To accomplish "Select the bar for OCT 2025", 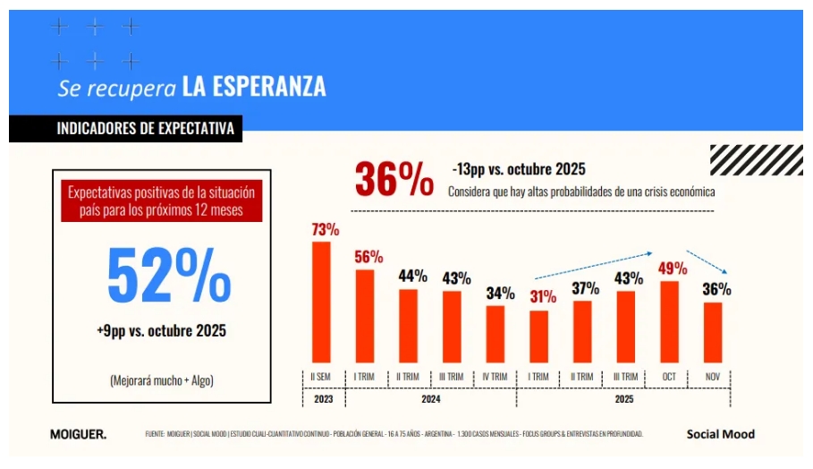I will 669,321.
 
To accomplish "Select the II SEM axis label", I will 321,377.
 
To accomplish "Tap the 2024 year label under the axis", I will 430,399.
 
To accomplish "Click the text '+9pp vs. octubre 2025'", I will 162,331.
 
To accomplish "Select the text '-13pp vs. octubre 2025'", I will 519,169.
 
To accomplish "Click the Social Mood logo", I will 720,434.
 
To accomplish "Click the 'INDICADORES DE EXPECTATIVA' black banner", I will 126,129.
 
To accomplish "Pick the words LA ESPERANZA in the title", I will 253,87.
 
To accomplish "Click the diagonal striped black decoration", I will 743,160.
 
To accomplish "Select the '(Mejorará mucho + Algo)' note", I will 162,379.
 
